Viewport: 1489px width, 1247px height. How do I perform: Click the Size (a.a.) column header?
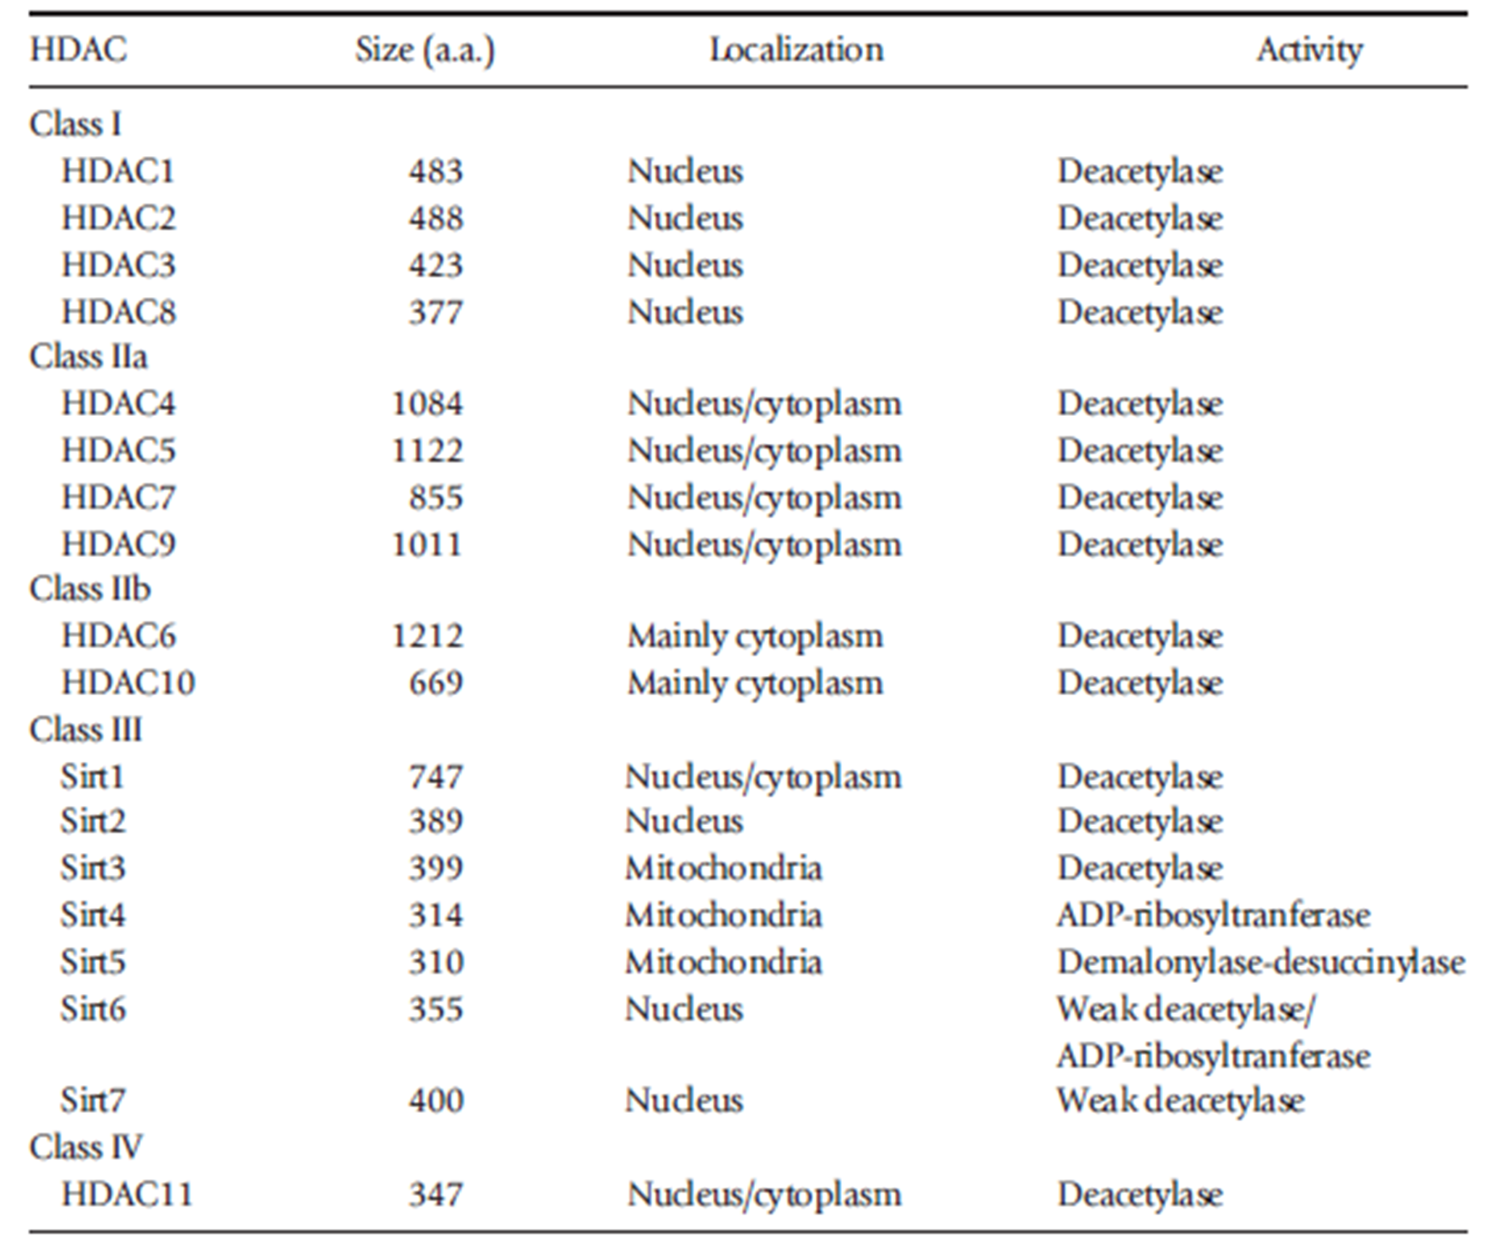424,50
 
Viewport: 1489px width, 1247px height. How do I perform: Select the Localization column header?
796,50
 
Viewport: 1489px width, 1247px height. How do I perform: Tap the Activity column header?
1308,50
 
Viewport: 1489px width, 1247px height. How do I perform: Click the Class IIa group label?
88,357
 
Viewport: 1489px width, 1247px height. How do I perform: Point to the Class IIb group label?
89,589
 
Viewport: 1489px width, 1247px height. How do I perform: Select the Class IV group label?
85,1147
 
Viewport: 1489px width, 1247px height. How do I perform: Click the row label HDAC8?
118,312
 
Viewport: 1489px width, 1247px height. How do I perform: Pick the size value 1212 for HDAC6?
427,636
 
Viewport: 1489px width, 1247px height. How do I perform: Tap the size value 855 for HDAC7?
435,498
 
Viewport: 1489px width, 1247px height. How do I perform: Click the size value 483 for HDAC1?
435,172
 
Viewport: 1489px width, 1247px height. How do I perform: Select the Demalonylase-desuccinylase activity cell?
1260,963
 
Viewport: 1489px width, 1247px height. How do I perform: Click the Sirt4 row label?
92,915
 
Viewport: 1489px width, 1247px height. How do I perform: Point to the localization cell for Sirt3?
723,869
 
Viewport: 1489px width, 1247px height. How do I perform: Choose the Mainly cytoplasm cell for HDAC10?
754,683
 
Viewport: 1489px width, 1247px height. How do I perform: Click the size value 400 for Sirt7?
435,1101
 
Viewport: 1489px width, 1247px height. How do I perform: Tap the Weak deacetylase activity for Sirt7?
1179,1101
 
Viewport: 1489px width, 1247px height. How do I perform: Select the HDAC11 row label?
127,1195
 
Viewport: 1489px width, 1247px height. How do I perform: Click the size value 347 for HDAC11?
435,1195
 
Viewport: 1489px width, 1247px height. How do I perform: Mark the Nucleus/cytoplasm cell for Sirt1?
763,777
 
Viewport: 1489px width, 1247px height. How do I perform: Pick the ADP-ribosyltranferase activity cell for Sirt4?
1212,915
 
